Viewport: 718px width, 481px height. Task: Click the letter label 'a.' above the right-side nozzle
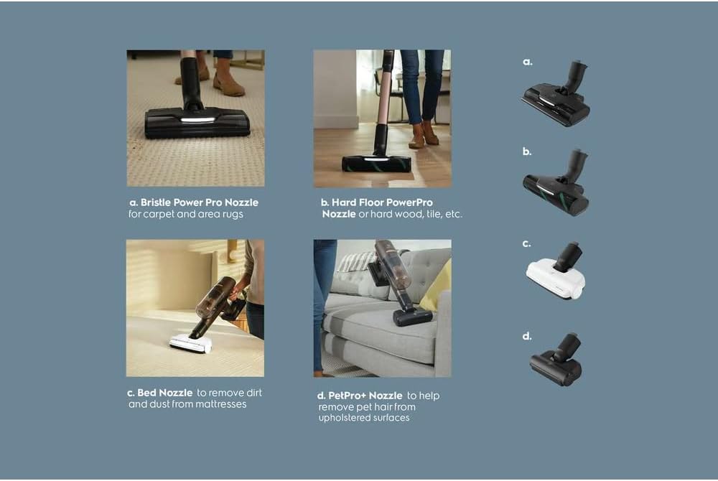click(x=527, y=62)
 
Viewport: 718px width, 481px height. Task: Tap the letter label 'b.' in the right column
click(x=527, y=152)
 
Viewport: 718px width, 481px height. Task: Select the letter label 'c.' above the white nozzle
click(x=526, y=243)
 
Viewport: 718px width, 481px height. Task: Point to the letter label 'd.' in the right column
click(x=527, y=335)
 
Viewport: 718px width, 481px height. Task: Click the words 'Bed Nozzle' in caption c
click(x=165, y=393)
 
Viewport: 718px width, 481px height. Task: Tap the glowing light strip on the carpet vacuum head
click(x=197, y=120)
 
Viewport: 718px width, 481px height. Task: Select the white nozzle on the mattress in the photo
click(x=191, y=344)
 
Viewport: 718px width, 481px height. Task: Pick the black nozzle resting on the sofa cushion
click(x=412, y=317)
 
